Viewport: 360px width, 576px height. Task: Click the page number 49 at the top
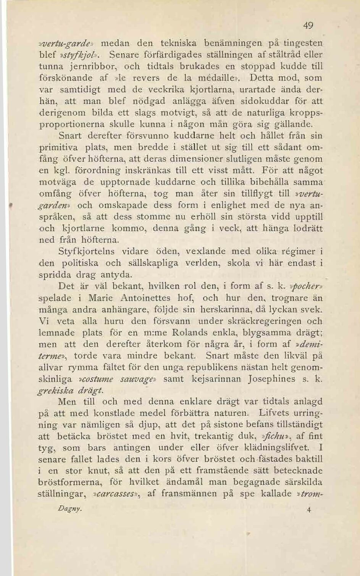(308, 26)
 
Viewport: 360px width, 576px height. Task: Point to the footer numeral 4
(309, 510)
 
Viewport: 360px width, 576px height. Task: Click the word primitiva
(58, 147)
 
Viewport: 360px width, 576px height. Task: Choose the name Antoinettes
(145, 298)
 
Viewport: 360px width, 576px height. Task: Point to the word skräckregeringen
(261, 321)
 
